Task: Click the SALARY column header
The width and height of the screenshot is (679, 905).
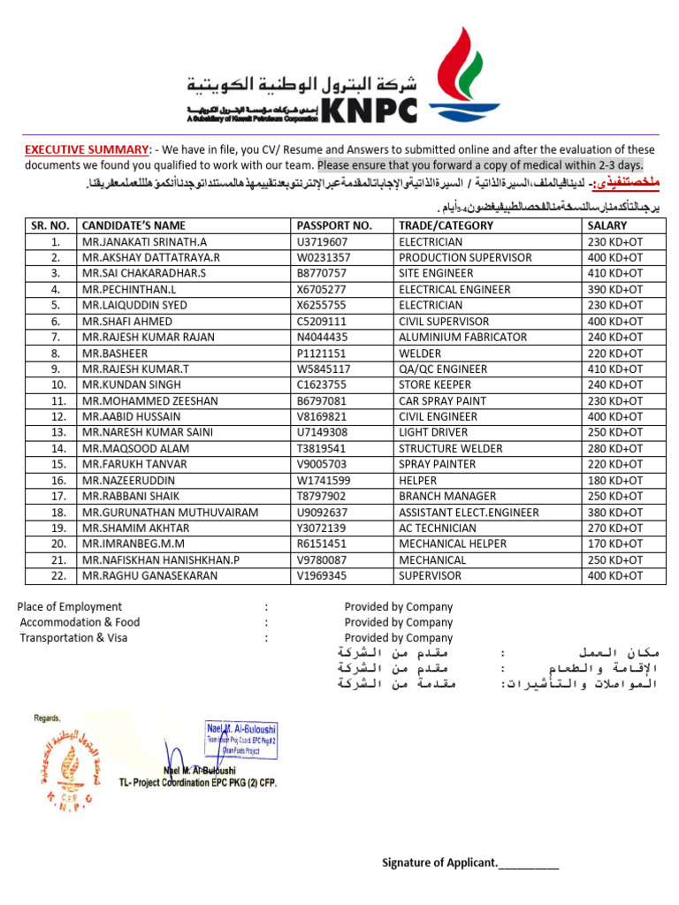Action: (607, 225)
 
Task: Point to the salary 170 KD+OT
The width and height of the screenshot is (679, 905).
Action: (615, 544)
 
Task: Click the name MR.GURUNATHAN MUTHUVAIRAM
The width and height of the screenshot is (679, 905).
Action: (170, 512)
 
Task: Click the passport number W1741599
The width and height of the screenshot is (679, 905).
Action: (324, 480)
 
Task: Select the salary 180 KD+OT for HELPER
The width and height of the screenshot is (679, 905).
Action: (615, 480)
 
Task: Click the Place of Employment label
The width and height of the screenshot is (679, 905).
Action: (70, 607)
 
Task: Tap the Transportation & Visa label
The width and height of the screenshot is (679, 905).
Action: (73, 637)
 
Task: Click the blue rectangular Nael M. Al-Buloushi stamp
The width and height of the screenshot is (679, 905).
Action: (240, 739)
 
